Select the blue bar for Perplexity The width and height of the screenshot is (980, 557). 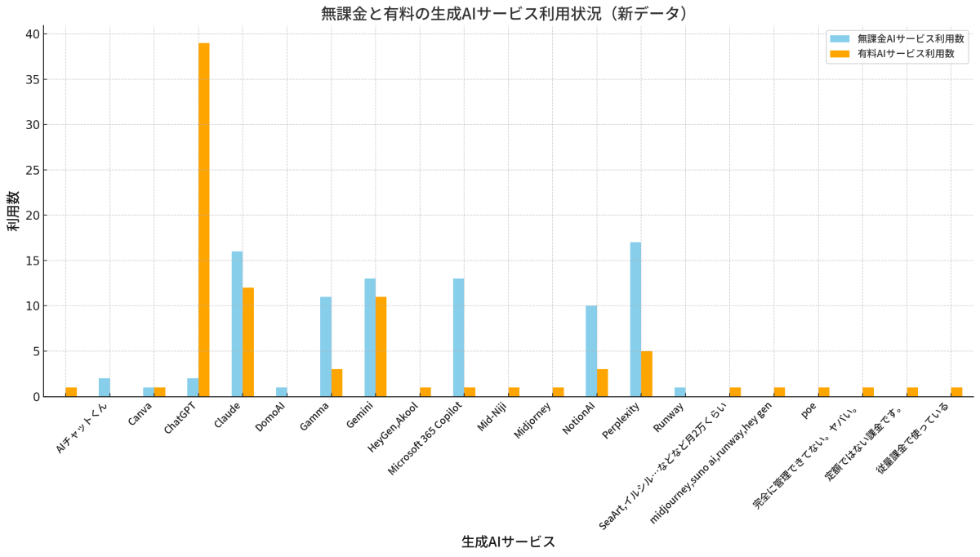coord(635,319)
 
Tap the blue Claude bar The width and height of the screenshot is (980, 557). coord(237,323)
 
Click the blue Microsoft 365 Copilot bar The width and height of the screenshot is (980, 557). coord(458,337)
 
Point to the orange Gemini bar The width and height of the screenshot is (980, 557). coord(381,346)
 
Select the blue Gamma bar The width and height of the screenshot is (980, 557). coord(326,346)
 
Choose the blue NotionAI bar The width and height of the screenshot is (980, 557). coord(591,351)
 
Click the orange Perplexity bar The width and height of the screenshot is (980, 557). coord(647,374)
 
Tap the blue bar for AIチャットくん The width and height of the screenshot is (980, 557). coord(105,387)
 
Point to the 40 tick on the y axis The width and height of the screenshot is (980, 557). coord(32,34)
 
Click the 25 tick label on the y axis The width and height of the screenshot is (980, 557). coord(32,170)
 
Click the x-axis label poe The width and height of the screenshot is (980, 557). coord(808,409)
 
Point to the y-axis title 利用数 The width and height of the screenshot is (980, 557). coord(14,211)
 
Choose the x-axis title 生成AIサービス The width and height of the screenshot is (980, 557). coord(508,541)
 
